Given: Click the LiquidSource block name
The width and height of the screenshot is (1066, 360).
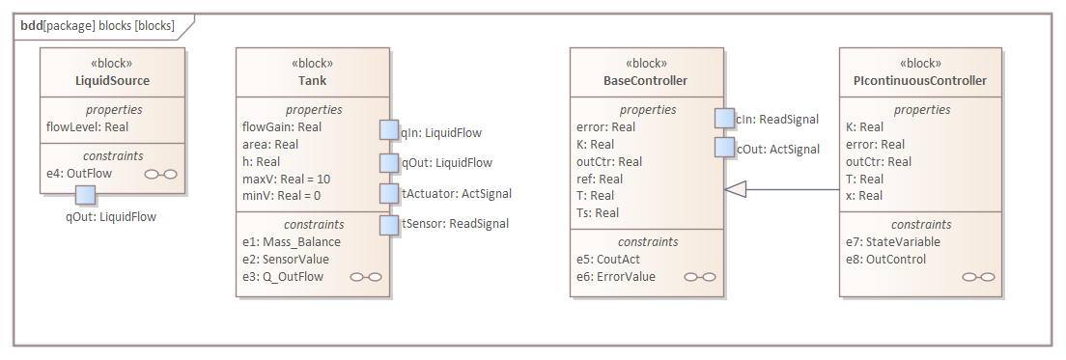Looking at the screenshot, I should tap(112, 80).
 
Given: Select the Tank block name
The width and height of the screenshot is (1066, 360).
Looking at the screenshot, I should tap(312, 80).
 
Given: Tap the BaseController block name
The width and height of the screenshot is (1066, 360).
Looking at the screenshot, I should tap(646, 80).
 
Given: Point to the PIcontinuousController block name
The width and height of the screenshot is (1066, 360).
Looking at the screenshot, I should tap(919, 80).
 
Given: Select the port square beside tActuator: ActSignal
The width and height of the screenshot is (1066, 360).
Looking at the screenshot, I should tap(389, 193).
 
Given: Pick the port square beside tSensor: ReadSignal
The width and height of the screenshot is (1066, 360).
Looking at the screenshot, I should tap(389, 224).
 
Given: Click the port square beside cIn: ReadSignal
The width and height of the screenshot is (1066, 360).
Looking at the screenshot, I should tap(724, 118).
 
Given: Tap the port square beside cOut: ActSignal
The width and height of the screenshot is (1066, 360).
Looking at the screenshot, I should tap(724, 148).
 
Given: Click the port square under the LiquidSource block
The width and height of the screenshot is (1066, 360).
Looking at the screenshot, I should tap(85, 194).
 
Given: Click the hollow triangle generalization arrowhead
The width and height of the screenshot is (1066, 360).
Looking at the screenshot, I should tap(736, 189).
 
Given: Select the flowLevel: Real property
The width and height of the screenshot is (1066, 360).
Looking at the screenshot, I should tap(88, 126).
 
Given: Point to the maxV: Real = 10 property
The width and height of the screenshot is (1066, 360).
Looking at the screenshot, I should tap(287, 179).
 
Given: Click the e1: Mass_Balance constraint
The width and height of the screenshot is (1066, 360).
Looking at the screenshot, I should tap(291, 242).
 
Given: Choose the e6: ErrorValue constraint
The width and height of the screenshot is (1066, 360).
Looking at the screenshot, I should tap(616, 277).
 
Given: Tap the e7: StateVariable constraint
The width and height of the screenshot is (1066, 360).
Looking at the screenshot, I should tap(892, 241).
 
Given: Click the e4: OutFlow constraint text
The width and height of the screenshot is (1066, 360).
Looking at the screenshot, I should tap(79, 174).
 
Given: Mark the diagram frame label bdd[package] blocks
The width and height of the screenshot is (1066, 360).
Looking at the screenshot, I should tap(98, 25).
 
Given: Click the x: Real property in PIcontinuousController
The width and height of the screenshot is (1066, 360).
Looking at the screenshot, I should tap(864, 196).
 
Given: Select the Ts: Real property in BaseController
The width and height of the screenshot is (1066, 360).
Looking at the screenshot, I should tap(597, 213).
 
